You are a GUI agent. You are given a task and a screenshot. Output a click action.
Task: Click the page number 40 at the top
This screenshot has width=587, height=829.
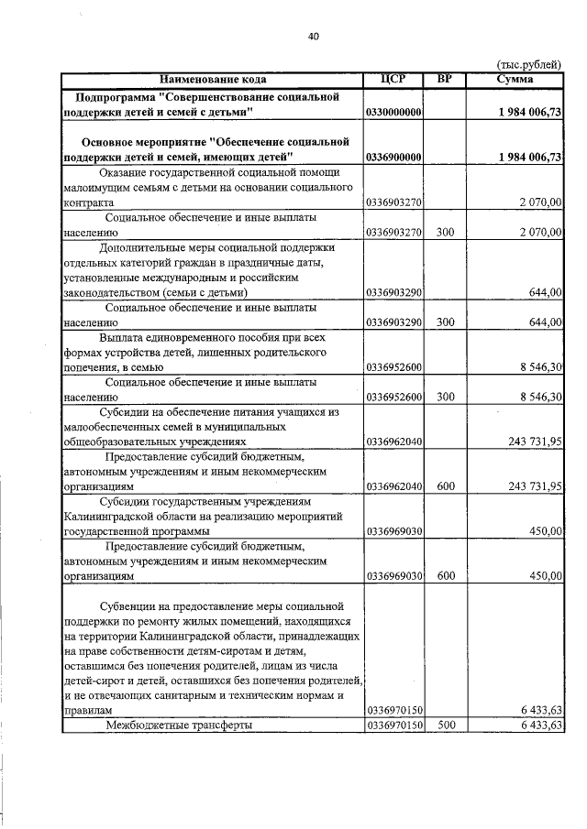314,36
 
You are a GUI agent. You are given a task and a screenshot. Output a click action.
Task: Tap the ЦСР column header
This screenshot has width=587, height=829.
393,79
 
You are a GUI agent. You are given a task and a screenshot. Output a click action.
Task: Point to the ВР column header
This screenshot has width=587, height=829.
445,79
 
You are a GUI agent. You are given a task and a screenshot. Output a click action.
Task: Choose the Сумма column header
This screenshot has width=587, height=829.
515,79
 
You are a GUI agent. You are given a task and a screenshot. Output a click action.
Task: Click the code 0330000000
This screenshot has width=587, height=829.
393,112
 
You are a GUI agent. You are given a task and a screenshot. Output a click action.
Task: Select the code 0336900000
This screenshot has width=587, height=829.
393,158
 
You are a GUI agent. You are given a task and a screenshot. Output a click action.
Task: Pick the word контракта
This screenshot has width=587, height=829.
89,202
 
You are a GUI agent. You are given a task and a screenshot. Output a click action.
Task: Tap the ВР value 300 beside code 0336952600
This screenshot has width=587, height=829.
446,397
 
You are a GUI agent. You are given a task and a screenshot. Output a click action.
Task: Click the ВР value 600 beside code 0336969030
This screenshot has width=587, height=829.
446,576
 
